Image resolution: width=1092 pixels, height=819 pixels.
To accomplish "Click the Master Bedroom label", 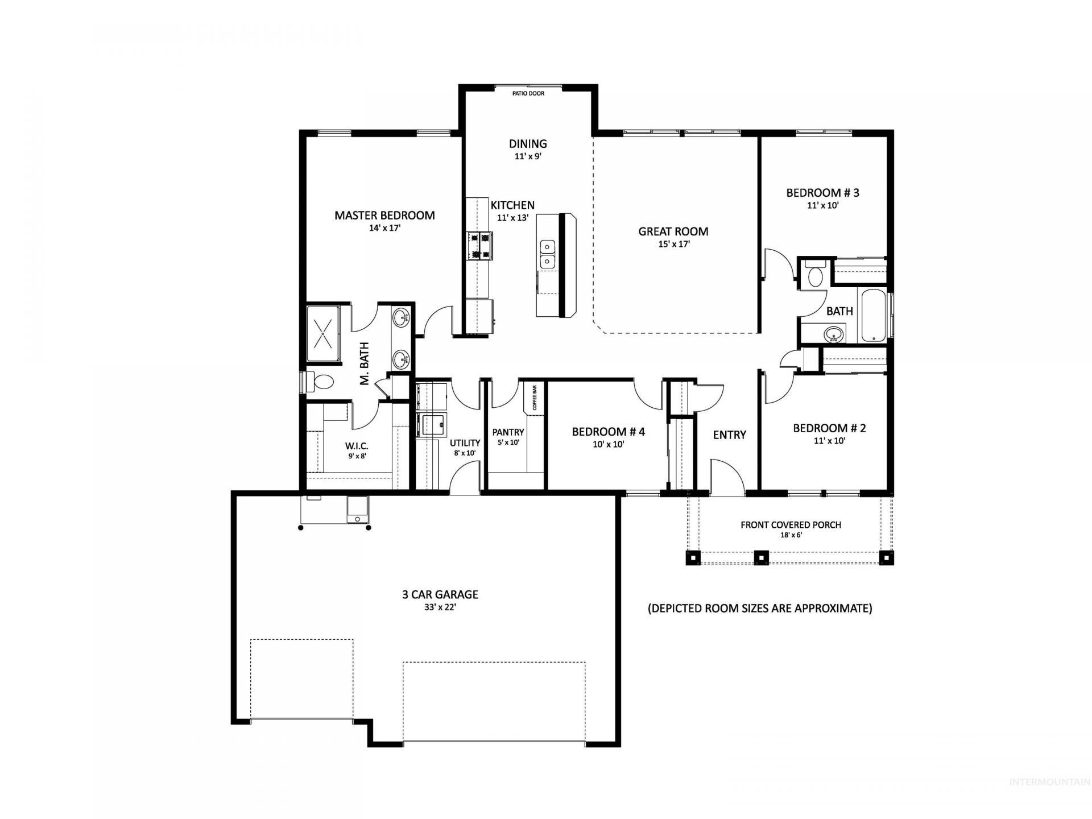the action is (x=384, y=216).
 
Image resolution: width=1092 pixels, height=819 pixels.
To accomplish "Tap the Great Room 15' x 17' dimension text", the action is (x=673, y=245).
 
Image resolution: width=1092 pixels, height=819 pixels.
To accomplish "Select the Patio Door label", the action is (x=528, y=93).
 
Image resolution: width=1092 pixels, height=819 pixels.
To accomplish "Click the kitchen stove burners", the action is (x=479, y=246).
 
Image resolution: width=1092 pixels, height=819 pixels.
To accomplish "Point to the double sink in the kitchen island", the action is (x=547, y=254).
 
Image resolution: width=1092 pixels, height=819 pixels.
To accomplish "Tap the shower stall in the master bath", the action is (x=324, y=333).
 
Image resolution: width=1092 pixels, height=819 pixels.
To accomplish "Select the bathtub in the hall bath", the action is (x=874, y=316).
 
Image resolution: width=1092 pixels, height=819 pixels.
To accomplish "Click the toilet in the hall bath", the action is (x=815, y=274).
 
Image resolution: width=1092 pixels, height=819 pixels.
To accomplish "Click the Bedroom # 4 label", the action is (x=609, y=432).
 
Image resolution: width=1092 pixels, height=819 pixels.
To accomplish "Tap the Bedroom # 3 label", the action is (x=822, y=193).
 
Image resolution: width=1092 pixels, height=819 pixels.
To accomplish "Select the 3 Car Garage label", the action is (x=440, y=595).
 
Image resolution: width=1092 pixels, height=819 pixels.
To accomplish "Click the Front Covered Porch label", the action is (x=791, y=525).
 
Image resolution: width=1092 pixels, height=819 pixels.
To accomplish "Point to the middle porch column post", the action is (x=761, y=557).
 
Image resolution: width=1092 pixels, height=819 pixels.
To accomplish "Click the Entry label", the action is (x=730, y=435).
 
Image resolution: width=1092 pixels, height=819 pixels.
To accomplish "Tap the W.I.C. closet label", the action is (x=357, y=445).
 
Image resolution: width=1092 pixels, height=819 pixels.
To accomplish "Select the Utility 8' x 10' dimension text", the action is (x=465, y=453).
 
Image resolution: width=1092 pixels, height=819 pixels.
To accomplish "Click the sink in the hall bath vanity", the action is (x=834, y=334).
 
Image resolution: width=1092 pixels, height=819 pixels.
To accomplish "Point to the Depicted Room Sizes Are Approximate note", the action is (x=760, y=609).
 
